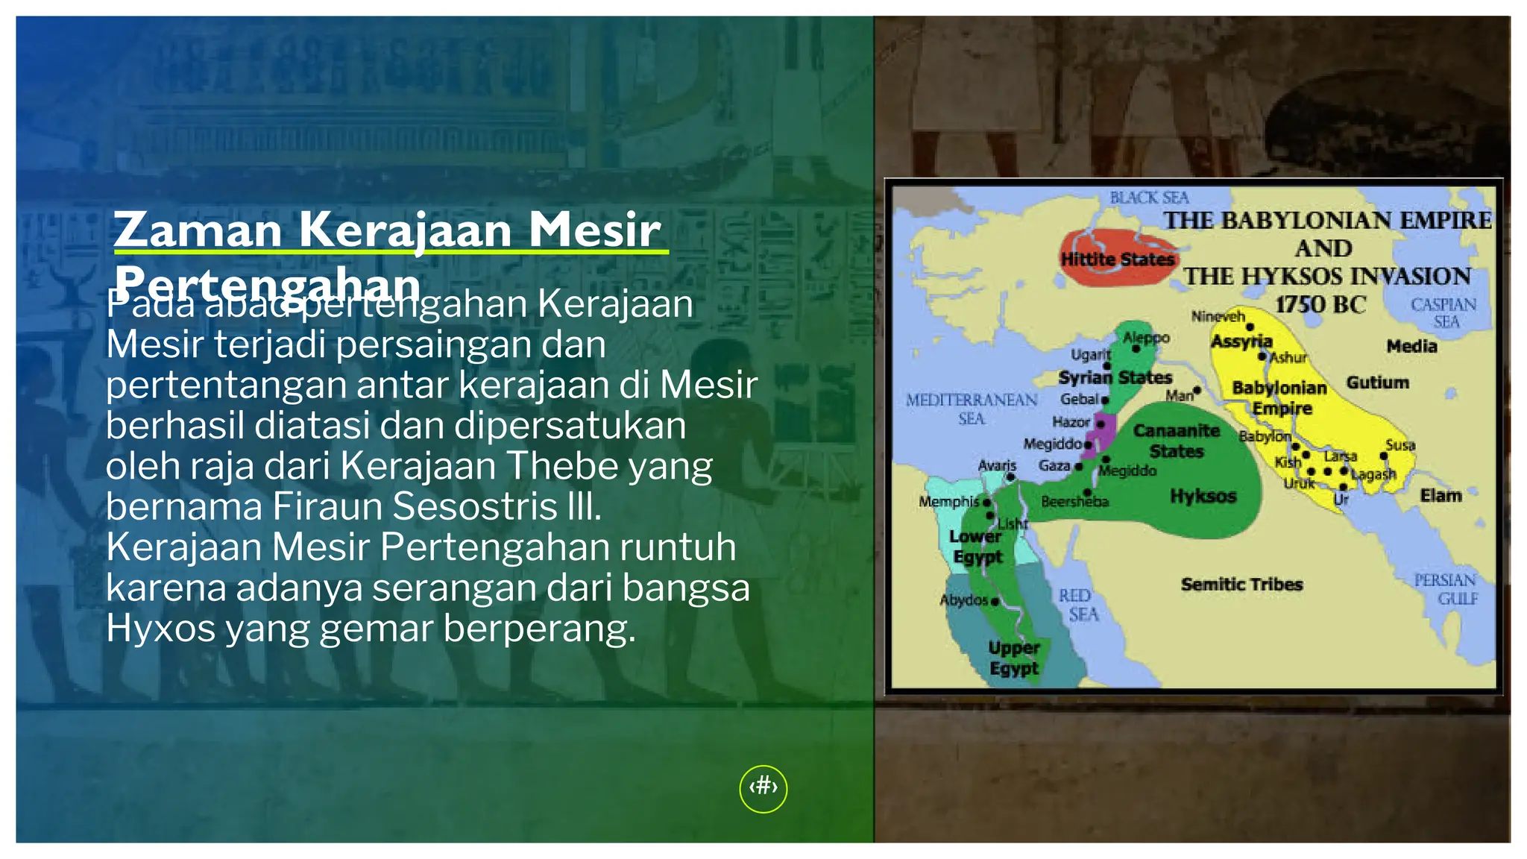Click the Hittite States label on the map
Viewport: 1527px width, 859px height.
pyautogui.click(x=1117, y=259)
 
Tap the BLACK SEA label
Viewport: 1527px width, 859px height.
pyautogui.click(x=1149, y=198)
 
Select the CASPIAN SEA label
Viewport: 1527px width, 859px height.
pyautogui.click(x=1443, y=313)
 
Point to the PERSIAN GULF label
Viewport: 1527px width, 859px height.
pyautogui.click(x=1446, y=589)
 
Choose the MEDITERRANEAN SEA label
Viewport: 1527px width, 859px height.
pyautogui.click(x=972, y=409)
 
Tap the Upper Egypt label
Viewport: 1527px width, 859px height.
pyautogui.click(x=1014, y=658)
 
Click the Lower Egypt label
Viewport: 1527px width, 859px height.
pyautogui.click(x=976, y=547)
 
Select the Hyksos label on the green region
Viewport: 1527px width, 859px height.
pyautogui.click(x=1203, y=496)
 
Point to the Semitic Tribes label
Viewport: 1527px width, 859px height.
pyautogui.click(x=1241, y=585)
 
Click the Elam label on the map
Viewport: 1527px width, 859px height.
pyautogui.click(x=1441, y=496)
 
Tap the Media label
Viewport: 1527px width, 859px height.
pyautogui.click(x=1411, y=346)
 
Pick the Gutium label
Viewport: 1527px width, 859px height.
pyautogui.click(x=1377, y=383)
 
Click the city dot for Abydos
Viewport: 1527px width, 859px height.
pyautogui.click(x=995, y=601)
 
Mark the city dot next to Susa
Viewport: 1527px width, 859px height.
pyautogui.click(x=1384, y=456)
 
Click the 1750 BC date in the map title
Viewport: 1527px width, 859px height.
pyautogui.click(x=1320, y=304)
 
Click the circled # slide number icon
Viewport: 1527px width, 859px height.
pyautogui.click(x=763, y=788)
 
